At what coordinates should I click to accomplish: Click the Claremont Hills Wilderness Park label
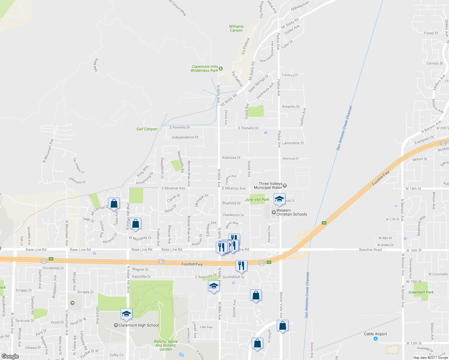pos(205,69)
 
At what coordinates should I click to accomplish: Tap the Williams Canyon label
pos(236,28)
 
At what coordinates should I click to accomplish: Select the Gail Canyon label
pos(147,129)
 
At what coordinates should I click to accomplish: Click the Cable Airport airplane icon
pos(375,339)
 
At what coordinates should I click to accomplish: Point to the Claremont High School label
pos(138,325)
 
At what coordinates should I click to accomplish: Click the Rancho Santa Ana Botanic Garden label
pos(166,345)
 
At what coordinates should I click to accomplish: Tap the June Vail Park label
pos(257,199)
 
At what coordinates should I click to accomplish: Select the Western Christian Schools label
pos(291,212)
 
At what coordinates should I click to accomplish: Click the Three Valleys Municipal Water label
pos(268,186)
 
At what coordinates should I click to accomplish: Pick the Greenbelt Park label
pos(421,292)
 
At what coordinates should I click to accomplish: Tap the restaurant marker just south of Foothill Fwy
pos(241,265)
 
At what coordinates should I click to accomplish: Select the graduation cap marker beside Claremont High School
pos(126,314)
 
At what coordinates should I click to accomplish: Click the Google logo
pos(10,356)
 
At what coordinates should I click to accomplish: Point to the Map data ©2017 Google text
pos(430,358)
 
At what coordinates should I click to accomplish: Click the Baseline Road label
pos(370,250)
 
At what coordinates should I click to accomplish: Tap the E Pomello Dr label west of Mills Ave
pos(180,127)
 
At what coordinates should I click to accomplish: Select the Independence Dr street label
pos(185,137)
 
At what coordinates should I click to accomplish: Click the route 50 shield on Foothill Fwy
pos(51,259)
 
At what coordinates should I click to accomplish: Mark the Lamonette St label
pos(293,143)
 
